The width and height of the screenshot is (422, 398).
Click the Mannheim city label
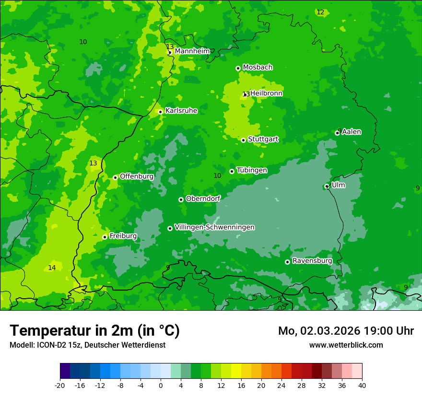pyautogui.click(x=192, y=51)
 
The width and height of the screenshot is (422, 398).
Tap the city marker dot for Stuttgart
pyautogui.click(x=243, y=140)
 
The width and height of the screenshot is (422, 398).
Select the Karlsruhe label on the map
pyautogui.click(x=181, y=111)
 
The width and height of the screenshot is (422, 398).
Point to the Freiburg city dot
pyautogui.click(x=105, y=237)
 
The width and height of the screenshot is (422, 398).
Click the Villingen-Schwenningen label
pyautogui.click(x=214, y=227)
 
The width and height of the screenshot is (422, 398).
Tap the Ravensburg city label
pyautogui.click(x=312, y=261)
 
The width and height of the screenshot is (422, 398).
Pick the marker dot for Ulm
pyautogui.click(x=327, y=186)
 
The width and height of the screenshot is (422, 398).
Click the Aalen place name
pyautogui.click(x=352, y=132)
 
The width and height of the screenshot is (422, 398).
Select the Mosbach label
pyautogui.click(x=258, y=68)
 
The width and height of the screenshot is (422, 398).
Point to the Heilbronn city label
pyautogui.click(x=266, y=94)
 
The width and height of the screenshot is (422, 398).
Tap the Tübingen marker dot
pyautogui.click(x=232, y=171)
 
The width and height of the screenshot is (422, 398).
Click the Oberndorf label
pyautogui.click(x=203, y=199)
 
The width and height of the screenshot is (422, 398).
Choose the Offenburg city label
pyautogui.click(x=137, y=176)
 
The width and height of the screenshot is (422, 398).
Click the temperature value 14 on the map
pyautogui.click(x=52, y=268)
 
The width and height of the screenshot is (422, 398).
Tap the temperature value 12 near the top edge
pyautogui.click(x=320, y=12)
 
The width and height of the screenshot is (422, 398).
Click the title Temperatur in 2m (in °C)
pyautogui.click(x=94, y=330)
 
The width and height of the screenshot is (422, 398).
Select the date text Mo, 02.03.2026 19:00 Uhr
pyautogui.click(x=346, y=331)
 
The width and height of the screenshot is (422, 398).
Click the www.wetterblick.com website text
pyautogui.click(x=346, y=345)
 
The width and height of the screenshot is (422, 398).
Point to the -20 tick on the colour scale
pyautogui.click(x=60, y=385)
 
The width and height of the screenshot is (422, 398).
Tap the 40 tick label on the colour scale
pyautogui.click(x=362, y=385)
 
